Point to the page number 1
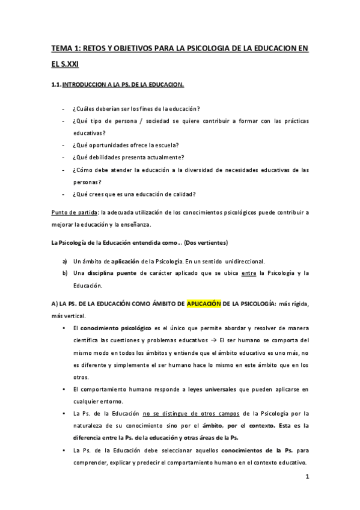307,478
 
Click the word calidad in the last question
186,194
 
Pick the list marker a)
65,261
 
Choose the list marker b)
65,274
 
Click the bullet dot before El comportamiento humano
64,389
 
